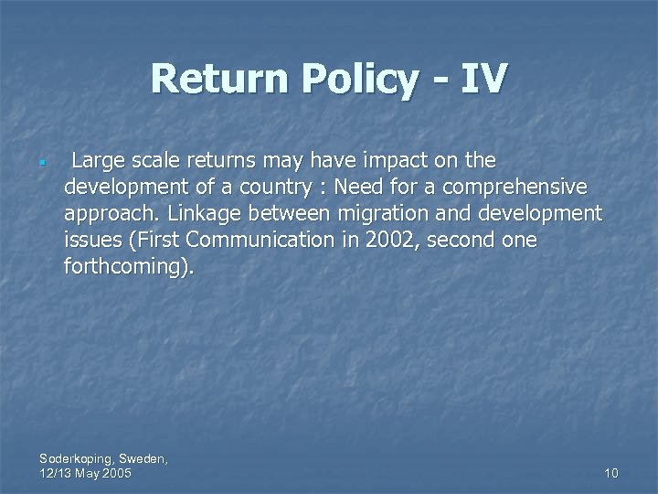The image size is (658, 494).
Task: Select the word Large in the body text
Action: pyautogui.click(x=98, y=161)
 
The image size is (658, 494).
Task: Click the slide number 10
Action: pyautogui.click(x=611, y=473)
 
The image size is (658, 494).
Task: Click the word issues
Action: pyautogui.click(x=93, y=241)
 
